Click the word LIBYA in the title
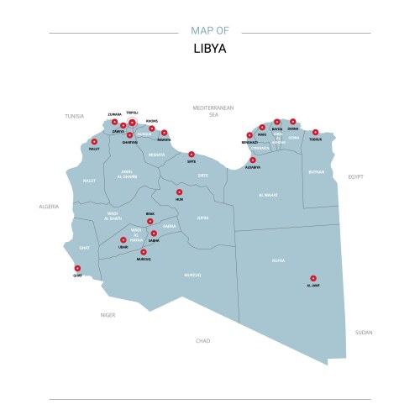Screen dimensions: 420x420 [x=209, y=49]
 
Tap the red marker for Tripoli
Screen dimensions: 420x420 [x=132, y=123]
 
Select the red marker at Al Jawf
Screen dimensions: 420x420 [x=313, y=278]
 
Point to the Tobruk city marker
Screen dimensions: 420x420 [x=316, y=132]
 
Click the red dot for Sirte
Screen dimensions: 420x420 [x=192, y=154]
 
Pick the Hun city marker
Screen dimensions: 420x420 [x=179, y=192]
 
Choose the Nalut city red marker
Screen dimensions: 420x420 [x=94, y=142]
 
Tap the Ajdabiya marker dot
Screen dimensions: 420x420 [x=253, y=160]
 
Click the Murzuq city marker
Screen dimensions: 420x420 [x=144, y=252]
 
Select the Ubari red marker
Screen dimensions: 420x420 [x=123, y=240]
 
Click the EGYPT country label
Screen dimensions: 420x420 [x=355, y=177]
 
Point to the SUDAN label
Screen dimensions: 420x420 [x=364, y=332]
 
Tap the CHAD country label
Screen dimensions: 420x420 [x=202, y=341]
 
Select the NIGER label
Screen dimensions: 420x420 [x=108, y=314]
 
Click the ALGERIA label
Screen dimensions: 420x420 [x=49, y=206]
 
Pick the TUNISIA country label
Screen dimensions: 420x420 [x=75, y=116]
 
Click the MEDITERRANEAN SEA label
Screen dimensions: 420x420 [x=213, y=111]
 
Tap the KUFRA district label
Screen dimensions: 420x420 [x=278, y=260]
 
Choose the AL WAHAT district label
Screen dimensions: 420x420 [x=268, y=195]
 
